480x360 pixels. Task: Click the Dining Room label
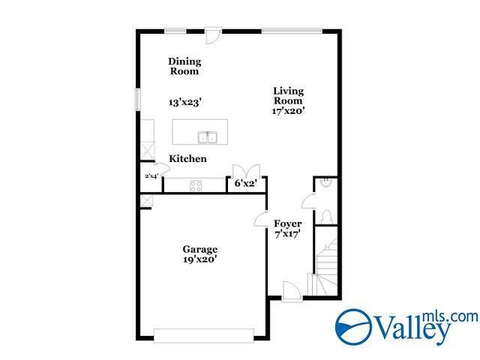click(x=184, y=66)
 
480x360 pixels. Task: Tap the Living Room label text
click(x=288, y=95)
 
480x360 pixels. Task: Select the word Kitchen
click(x=187, y=159)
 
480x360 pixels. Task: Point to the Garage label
click(x=199, y=249)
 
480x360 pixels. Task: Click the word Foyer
click(x=287, y=223)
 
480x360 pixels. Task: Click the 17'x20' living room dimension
click(x=288, y=111)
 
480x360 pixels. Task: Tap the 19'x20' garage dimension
click(x=199, y=259)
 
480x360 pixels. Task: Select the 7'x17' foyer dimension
click(x=287, y=234)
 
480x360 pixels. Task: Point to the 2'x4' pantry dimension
click(x=151, y=177)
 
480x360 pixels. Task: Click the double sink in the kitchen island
click(x=207, y=136)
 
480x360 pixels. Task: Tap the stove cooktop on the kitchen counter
click(x=196, y=184)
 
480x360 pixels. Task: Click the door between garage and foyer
click(x=262, y=220)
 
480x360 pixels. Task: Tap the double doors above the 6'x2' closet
click(x=246, y=170)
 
